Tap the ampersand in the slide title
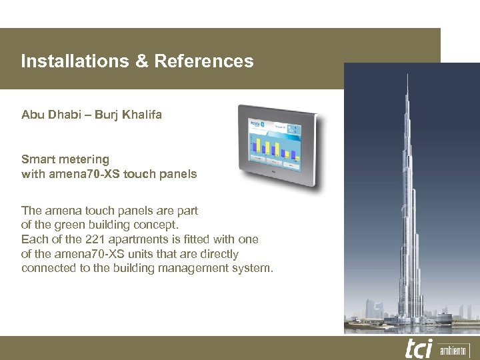(x=142, y=61)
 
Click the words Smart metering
(x=65, y=159)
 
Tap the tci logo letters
(x=419, y=348)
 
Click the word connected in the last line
(x=47, y=269)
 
